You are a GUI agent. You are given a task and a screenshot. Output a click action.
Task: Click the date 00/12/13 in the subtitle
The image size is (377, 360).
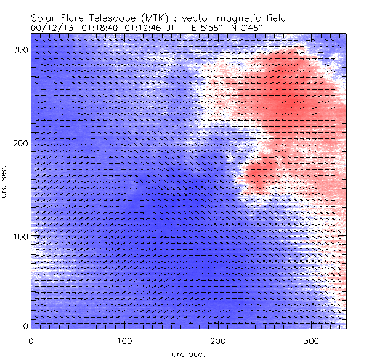pos(49,28)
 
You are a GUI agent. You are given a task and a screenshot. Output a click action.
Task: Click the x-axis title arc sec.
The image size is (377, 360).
pos(188,354)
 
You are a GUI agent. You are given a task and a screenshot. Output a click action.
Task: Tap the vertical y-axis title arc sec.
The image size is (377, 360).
pos(5,181)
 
